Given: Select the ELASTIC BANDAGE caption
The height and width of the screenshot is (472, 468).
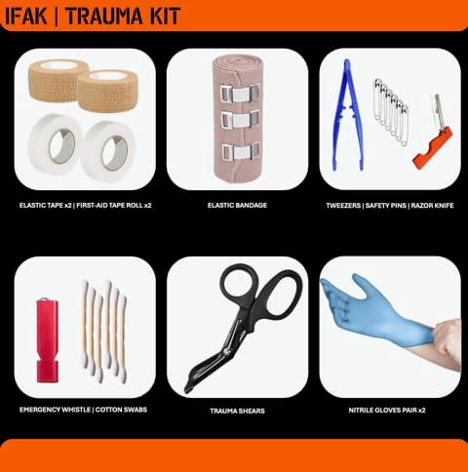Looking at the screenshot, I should pyautogui.click(x=237, y=206).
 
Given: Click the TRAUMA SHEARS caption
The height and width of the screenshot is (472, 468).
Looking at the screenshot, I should pyautogui.click(x=237, y=411).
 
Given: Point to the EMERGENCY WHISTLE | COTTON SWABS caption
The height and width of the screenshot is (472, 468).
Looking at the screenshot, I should pyautogui.click(x=83, y=411).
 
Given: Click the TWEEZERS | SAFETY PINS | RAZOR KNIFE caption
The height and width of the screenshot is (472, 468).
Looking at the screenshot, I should pyautogui.click(x=390, y=206).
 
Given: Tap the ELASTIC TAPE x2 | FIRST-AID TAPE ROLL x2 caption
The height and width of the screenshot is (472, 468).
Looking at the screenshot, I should pyautogui.click(x=85, y=206).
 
